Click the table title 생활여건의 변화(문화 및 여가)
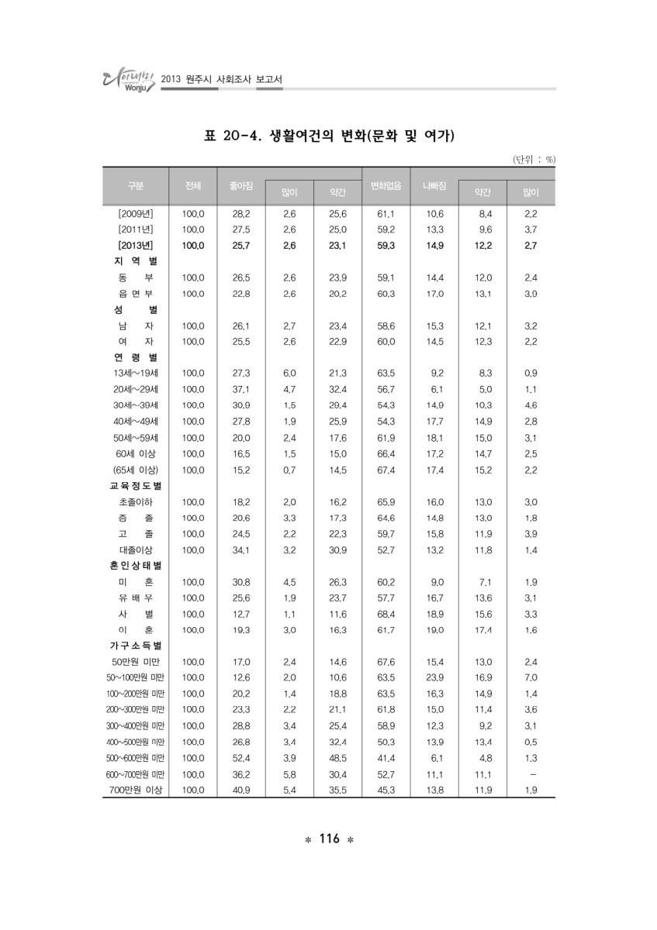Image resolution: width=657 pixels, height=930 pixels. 328,137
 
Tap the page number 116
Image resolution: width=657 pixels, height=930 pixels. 329,839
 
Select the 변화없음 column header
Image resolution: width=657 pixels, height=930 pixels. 386,186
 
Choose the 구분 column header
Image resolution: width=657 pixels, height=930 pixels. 136,186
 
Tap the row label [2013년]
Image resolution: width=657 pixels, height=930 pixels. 135,245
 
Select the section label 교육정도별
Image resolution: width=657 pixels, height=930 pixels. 135,486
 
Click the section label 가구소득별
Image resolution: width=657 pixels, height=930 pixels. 135,645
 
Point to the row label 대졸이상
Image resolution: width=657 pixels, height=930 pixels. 135,549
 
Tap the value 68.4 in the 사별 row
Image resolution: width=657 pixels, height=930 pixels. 386,613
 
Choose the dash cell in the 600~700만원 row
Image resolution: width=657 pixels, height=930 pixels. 531,773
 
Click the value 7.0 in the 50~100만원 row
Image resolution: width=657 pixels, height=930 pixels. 531,677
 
